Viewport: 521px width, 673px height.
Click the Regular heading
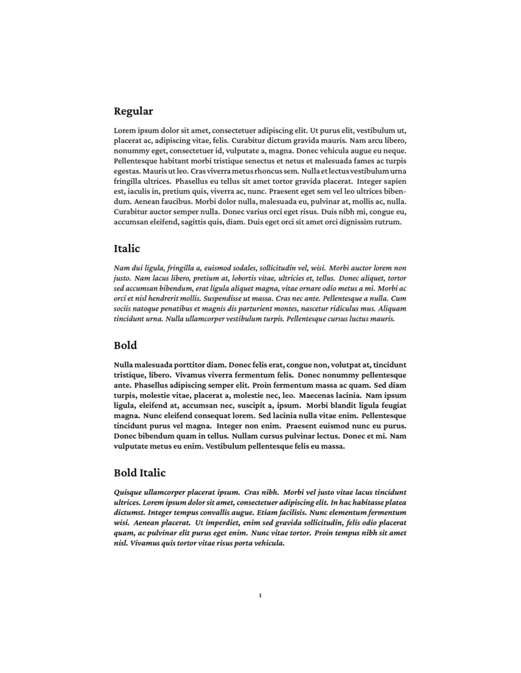[x=134, y=111]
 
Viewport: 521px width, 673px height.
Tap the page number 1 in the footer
[x=260, y=595]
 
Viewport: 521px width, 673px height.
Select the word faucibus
[x=170, y=202]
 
